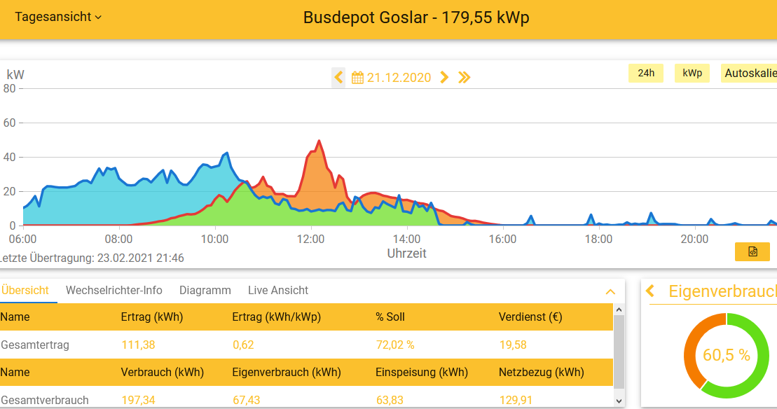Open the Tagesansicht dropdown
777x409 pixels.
[x=58, y=17]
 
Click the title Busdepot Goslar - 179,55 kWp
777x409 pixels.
[x=416, y=18]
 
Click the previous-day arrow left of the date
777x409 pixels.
[x=339, y=77]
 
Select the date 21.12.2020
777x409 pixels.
[x=399, y=78]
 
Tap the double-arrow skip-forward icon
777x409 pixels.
[x=464, y=77]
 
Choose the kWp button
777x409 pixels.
[x=692, y=73]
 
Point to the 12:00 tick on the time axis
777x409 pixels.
[x=310, y=239]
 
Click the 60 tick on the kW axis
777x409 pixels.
[x=10, y=123]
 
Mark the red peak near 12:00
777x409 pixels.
[x=319, y=141]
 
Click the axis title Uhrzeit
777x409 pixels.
[x=406, y=253]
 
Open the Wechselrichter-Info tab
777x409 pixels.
[x=114, y=290]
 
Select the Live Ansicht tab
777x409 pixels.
[x=278, y=290]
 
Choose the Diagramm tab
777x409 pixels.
[x=205, y=290]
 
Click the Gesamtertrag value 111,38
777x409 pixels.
[x=138, y=345]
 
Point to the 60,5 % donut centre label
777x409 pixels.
[x=727, y=355]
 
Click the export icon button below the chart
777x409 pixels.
[x=752, y=251]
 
